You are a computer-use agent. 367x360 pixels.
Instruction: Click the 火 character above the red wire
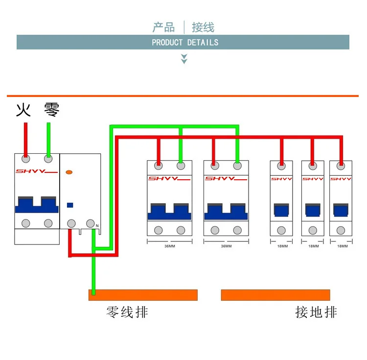pyautogui.click(x=23, y=110)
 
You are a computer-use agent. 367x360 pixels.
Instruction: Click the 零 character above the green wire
pyautogui.click(x=52, y=110)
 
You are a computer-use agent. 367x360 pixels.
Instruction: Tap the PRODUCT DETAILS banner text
pyautogui.click(x=185, y=43)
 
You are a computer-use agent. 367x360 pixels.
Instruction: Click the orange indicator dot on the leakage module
pyautogui.click(x=69, y=172)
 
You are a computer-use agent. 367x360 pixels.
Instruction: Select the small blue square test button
pyautogui.click(x=70, y=205)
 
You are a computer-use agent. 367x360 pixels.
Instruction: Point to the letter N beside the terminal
pyautogui.click(x=97, y=226)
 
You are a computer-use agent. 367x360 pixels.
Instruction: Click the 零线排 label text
pyautogui.click(x=127, y=312)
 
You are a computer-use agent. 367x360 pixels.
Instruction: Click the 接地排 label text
pyautogui.click(x=316, y=312)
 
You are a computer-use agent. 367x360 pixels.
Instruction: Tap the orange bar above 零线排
pyautogui.click(x=143, y=295)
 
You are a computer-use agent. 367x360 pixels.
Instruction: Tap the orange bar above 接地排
pyautogui.click(x=275, y=295)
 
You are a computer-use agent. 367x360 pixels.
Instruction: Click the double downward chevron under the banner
pyautogui.click(x=184, y=59)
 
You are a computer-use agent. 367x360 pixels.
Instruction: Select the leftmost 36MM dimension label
pyautogui.click(x=170, y=246)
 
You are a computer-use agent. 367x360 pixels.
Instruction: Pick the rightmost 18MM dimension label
pyautogui.click(x=343, y=246)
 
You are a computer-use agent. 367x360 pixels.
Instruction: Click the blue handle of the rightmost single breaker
pyautogui.click(x=341, y=210)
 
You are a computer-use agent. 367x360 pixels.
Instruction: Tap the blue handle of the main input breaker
pyautogui.click(x=37, y=204)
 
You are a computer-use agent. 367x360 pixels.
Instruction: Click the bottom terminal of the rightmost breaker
pyautogui.click(x=341, y=231)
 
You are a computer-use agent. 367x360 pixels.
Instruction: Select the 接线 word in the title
pyautogui.click(x=203, y=27)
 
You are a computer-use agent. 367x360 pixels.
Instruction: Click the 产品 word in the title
pyautogui.click(x=163, y=27)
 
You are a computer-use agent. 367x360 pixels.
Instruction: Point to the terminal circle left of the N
pyautogui.click(x=91, y=223)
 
